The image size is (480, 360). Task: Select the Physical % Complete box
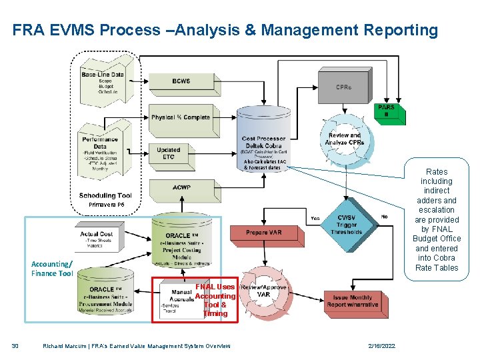181,118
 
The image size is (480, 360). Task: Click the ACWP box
181,189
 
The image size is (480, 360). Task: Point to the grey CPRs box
344,87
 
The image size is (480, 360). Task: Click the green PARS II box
386,112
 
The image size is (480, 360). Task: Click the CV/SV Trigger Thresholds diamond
345,225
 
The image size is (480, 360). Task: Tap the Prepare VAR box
264,233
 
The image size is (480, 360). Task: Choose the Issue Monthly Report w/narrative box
353,301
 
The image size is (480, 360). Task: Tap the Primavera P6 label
106,205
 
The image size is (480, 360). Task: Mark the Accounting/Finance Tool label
52,269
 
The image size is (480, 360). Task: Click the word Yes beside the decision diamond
315,218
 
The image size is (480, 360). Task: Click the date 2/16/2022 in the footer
381,346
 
